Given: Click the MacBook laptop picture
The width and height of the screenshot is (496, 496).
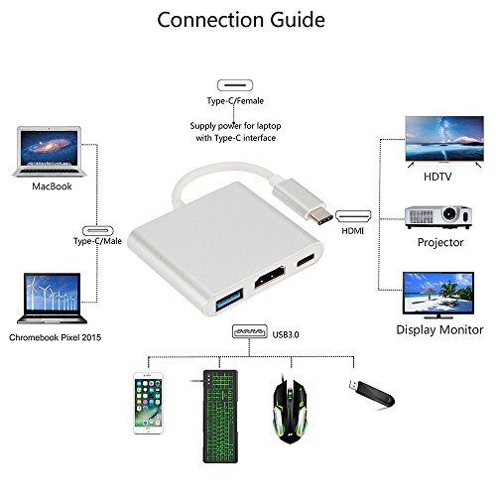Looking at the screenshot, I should [47, 151].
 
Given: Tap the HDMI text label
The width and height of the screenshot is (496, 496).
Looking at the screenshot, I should [353, 229].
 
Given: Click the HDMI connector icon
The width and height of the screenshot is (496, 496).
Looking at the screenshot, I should [352, 214].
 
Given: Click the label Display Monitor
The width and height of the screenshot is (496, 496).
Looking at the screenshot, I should [439, 328].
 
